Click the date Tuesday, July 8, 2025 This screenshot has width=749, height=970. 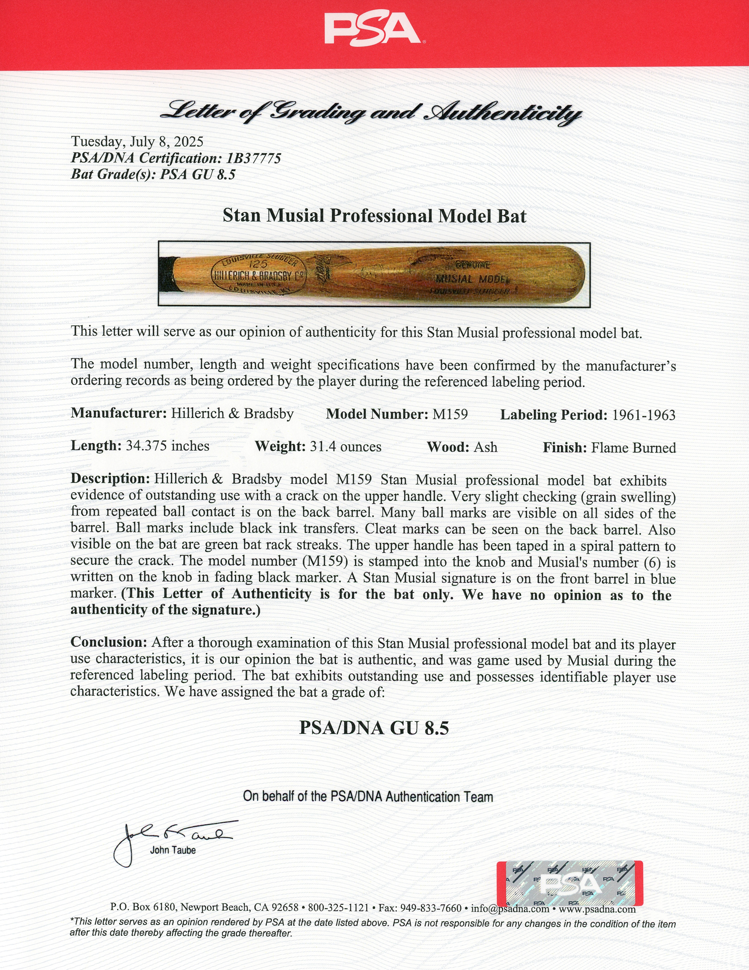pyautogui.click(x=137, y=142)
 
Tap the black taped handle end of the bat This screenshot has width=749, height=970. pyautogui.click(x=167, y=274)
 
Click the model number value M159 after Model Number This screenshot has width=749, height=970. pyautogui.click(x=450, y=414)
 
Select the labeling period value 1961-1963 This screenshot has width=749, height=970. pyautogui.click(x=643, y=415)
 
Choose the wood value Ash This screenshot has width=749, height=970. pyautogui.click(x=486, y=447)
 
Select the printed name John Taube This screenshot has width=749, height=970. pyautogui.click(x=173, y=850)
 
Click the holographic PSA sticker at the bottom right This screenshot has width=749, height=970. pyautogui.click(x=569, y=884)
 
